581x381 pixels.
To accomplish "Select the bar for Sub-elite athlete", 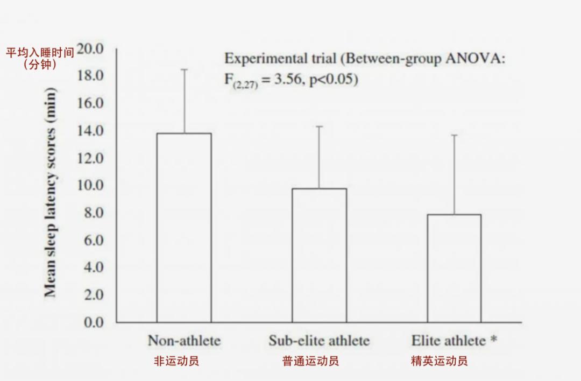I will pos(319,255).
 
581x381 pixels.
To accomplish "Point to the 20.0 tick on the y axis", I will pos(90,49).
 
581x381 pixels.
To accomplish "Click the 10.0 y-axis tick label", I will pos(90,186).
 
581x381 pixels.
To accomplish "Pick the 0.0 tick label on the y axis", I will pos(93,322).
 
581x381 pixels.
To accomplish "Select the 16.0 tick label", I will pos(90,103).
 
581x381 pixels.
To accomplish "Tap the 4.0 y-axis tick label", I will pos(93,267).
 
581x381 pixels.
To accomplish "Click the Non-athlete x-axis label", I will pos(184,341).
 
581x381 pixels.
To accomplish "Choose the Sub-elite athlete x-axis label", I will pos(319,341).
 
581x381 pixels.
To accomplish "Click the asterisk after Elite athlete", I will pos(493,340).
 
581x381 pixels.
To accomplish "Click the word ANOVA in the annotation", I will pos(475,59).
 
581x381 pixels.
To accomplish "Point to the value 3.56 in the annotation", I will pos(290,80).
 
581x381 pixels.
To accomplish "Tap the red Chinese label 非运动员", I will pos(176,361).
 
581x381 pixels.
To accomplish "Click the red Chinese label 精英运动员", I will pos(438,361).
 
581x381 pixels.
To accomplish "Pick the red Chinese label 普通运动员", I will pos(310,361).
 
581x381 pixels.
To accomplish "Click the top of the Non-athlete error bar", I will pos(183,69).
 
